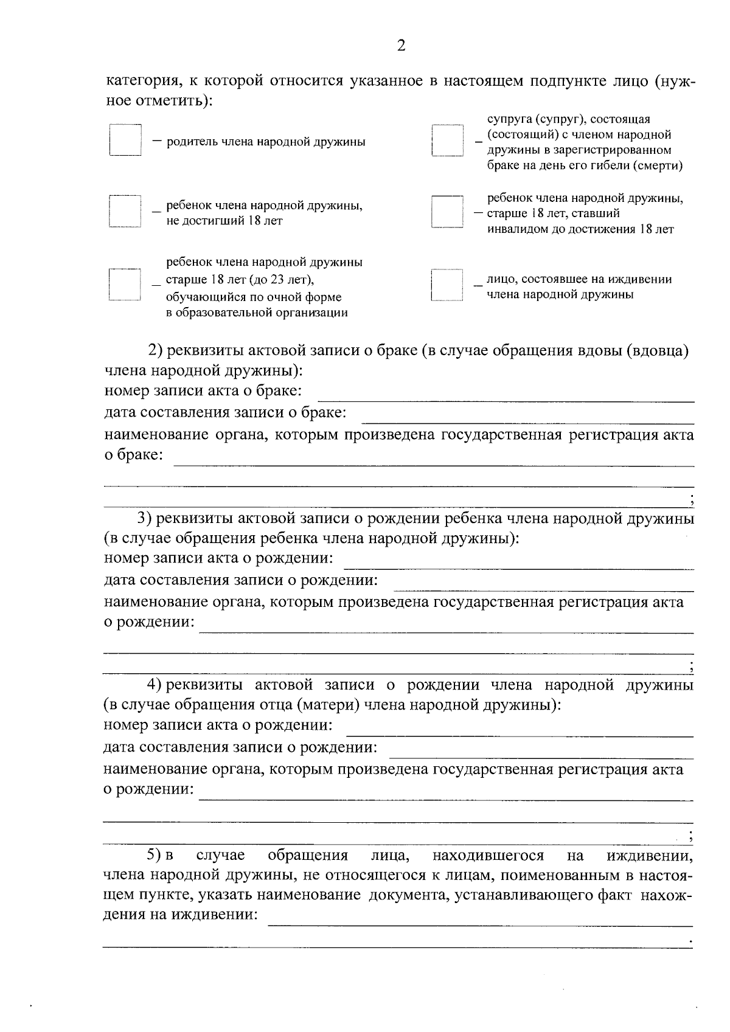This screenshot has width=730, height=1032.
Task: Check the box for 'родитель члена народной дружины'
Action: tap(125, 141)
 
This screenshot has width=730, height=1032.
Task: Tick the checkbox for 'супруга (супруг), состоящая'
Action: tap(447, 141)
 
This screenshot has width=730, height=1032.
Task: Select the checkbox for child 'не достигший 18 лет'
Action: tap(125, 211)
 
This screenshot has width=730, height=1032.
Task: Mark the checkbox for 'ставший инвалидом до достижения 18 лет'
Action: tap(447, 212)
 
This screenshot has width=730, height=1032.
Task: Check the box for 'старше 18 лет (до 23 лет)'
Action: tap(125, 285)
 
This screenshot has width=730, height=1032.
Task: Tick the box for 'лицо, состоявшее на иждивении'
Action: tap(447, 285)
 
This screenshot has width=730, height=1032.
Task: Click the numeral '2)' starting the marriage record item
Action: tap(155, 351)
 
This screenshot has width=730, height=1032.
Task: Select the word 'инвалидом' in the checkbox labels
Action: tap(516, 229)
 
